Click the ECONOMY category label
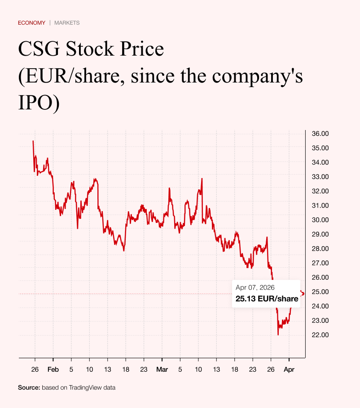point(31,23)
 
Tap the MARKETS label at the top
point(67,23)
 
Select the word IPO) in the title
point(39,103)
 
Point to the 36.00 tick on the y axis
point(320,134)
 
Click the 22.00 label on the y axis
point(320,335)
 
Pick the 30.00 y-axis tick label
point(320,220)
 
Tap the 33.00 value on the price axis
point(320,177)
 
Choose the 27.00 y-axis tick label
point(320,263)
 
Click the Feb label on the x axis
point(53,370)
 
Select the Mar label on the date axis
point(162,370)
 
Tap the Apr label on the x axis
point(289,370)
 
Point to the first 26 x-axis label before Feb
point(35,370)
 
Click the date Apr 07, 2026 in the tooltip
point(255,288)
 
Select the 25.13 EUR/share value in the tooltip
point(267,299)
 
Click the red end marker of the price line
point(302,293)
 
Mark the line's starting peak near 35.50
point(33,141)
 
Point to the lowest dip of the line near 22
point(278,334)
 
